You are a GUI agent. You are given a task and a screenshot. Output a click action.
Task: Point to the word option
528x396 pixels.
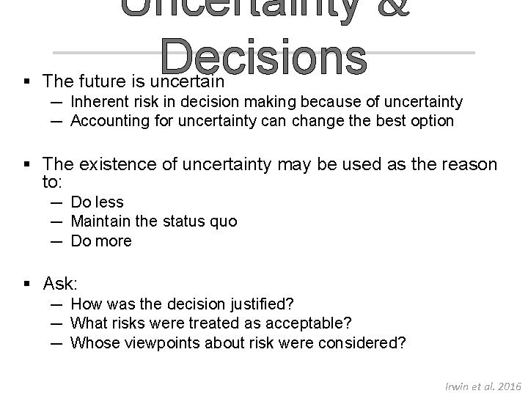coord(431,120)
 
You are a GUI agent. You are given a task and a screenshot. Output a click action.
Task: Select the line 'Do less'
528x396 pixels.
coord(97,202)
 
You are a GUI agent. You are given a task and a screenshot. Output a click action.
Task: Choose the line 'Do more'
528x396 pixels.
coord(101,241)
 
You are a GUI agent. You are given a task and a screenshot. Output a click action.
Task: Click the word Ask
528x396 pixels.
coord(61,284)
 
